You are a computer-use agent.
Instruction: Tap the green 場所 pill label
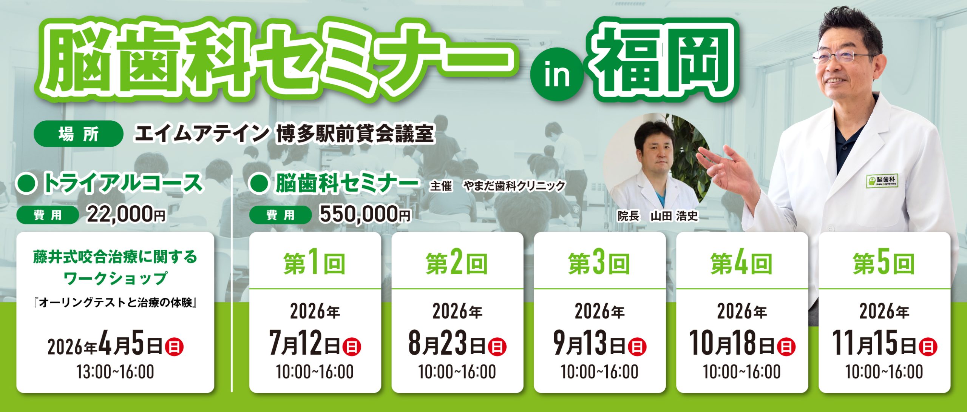78,134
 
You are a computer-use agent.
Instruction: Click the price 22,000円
126,215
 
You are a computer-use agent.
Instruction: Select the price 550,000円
365,215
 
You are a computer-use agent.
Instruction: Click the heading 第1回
315,264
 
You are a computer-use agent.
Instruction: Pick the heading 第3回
599,264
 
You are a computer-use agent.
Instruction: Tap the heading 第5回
884,264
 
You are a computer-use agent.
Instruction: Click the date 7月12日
305,343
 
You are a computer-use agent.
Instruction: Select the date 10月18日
732,343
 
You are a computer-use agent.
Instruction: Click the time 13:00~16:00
116,372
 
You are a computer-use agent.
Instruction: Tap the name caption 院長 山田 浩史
658,216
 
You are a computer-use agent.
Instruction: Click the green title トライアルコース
123,183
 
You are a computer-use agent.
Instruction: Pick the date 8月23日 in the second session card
447,343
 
